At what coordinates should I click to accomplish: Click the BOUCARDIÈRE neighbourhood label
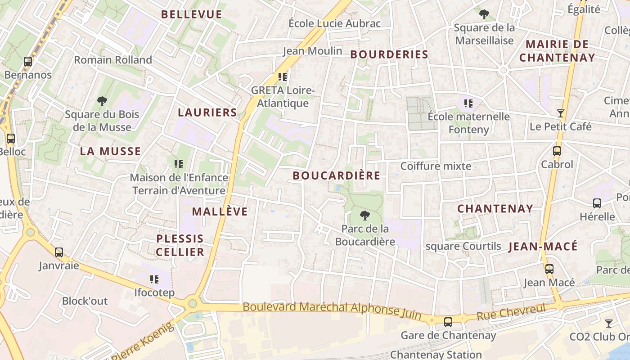coord(336,175)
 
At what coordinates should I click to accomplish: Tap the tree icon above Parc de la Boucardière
coord(365,216)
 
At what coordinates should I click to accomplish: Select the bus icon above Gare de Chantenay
coord(448,322)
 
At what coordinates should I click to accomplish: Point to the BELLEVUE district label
coord(192,14)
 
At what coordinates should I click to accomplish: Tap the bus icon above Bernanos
coord(28,62)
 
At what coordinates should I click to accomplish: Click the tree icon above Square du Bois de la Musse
coord(102,101)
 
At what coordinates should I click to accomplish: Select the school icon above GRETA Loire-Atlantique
coord(283,77)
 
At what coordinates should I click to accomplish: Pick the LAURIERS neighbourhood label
coord(207,112)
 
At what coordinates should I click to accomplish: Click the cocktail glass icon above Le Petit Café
coord(561,113)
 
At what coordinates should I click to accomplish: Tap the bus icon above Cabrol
coord(557,151)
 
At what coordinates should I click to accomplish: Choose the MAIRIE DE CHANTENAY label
coord(557,51)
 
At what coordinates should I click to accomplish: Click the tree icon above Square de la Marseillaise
coord(484,15)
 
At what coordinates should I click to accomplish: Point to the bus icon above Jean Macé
coord(549,269)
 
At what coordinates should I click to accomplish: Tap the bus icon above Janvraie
coord(59,252)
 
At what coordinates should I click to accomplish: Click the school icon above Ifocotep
coord(154,279)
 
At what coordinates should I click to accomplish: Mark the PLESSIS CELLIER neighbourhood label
coord(180,245)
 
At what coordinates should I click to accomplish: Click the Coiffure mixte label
coord(436,166)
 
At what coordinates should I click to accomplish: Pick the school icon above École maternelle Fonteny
coord(468,103)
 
